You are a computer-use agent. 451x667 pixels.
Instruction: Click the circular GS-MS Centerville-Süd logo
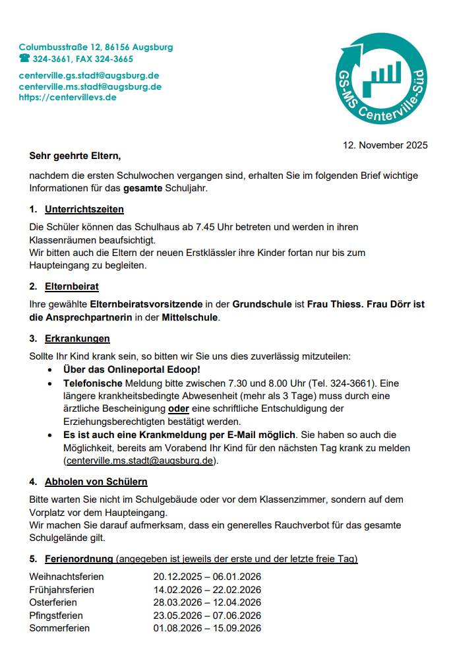pyautogui.click(x=380, y=79)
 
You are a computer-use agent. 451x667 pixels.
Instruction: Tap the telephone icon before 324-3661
pyautogui.click(x=24, y=59)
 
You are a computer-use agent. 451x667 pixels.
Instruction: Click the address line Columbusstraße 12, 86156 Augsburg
pyautogui.click(x=96, y=48)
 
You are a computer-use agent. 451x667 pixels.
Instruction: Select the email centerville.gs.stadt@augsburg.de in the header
pyautogui.click(x=89, y=76)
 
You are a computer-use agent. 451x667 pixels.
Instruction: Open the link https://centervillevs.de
pyautogui.click(x=67, y=97)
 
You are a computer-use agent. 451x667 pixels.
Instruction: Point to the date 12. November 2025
pyautogui.click(x=385, y=145)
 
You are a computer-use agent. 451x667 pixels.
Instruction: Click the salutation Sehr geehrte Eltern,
pyautogui.click(x=75, y=156)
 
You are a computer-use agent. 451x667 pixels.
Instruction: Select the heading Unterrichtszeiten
pyautogui.click(x=84, y=210)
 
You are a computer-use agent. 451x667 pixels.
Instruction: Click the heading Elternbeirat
pyautogui.click(x=72, y=286)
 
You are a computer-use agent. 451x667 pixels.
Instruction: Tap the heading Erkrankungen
pyautogui.click(x=77, y=338)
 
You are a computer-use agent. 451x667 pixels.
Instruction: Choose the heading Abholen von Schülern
pyautogui.click(x=96, y=482)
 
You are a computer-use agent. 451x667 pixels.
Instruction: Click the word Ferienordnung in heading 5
pyautogui.click(x=78, y=559)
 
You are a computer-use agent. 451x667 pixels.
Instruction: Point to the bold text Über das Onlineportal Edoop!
pyautogui.click(x=131, y=369)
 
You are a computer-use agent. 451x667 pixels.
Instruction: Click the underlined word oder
pyautogui.click(x=179, y=409)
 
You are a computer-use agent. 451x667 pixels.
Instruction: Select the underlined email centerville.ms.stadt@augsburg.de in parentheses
pyautogui.click(x=140, y=461)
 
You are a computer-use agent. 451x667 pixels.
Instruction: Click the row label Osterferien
pyautogui.click(x=53, y=602)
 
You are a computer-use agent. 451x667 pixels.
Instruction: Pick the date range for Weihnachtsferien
pyautogui.click(x=207, y=577)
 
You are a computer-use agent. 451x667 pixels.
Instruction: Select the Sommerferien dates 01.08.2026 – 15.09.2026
pyautogui.click(x=207, y=628)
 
